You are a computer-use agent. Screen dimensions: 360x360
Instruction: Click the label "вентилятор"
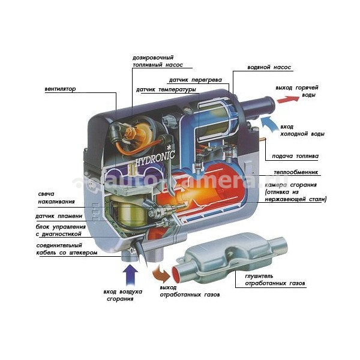(x=60, y=89)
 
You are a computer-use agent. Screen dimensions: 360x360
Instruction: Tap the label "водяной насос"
(x=269, y=67)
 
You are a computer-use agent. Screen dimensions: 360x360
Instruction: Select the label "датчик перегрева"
(x=196, y=80)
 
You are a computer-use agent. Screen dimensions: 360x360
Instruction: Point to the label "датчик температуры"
(x=166, y=89)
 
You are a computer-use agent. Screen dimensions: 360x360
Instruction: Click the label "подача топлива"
(x=295, y=156)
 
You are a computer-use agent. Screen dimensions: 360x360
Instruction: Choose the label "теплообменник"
(x=296, y=172)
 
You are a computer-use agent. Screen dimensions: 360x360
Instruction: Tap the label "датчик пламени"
(x=59, y=216)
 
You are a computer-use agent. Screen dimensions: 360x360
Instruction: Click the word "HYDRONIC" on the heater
(x=155, y=158)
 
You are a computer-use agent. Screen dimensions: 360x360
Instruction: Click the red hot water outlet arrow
(x=288, y=99)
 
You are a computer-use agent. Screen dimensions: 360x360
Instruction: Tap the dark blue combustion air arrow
(x=130, y=275)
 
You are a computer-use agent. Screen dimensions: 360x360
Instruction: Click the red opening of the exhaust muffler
(x=176, y=275)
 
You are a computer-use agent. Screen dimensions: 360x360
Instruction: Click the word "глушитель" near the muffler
(x=259, y=276)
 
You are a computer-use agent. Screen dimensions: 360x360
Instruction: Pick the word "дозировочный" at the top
(x=153, y=58)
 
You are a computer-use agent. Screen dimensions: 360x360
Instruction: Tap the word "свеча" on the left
(x=46, y=194)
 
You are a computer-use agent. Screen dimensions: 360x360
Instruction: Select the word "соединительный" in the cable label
(x=59, y=245)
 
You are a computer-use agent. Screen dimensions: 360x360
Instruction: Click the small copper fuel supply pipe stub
(x=262, y=139)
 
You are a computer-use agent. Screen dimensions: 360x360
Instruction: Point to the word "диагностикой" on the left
(x=62, y=234)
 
